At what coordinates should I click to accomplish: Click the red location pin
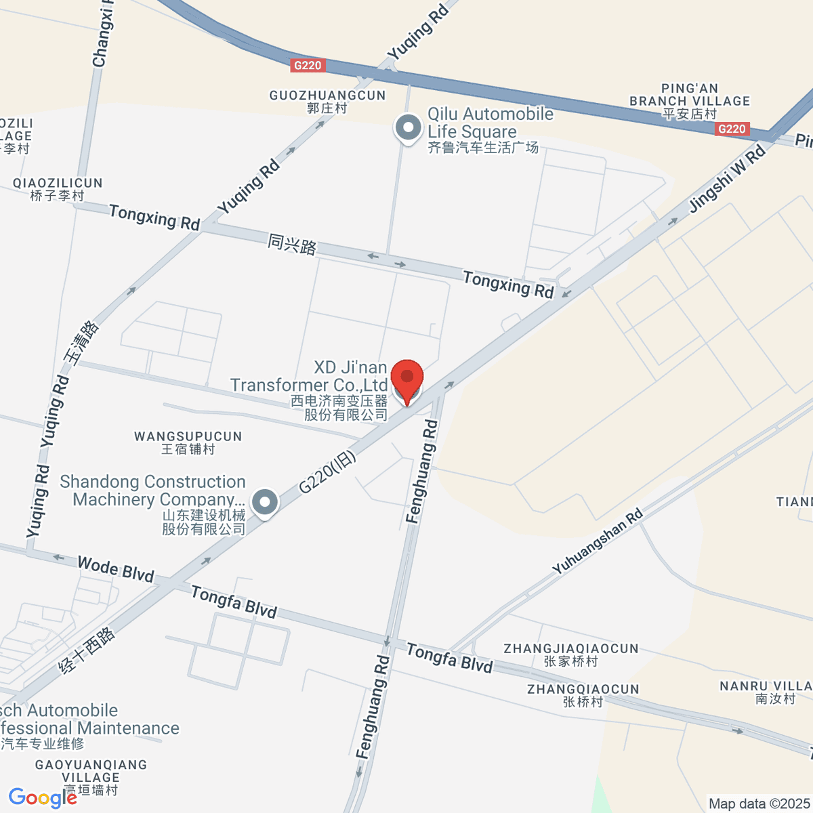[x=407, y=378]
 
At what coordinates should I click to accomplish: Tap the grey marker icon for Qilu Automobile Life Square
[x=408, y=127]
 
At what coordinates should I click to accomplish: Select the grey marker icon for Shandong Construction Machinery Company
[x=265, y=503]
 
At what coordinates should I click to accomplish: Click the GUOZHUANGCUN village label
[x=327, y=101]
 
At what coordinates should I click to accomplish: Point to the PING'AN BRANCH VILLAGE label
[x=690, y=101]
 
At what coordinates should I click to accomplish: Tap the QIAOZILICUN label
[x=58, y=189]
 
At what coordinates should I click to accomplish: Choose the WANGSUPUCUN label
[x=188, y=442]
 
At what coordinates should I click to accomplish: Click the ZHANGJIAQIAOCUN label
[x=570, y=654]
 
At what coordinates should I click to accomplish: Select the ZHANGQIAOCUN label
[x=583, y=695]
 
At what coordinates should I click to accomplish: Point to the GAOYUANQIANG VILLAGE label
[x=91, y=776]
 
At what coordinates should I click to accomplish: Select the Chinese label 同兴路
[x=292, y=244]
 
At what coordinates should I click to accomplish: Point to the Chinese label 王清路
[x=81, y=341]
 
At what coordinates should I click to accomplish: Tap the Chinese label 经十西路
[x=87, y=650]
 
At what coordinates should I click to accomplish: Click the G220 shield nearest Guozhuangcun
[x=308, y=65]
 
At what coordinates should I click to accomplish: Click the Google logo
[x=43, y=798]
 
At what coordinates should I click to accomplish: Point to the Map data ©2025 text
[x=759, y=804]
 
